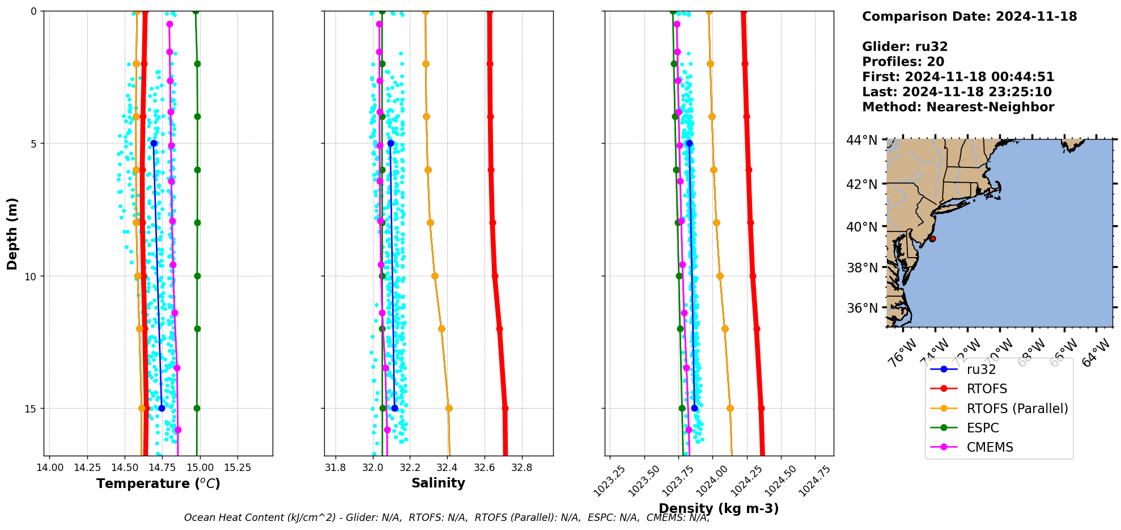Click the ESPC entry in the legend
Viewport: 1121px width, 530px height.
click(982, 428)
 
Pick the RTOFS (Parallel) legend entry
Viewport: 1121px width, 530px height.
click(1017, 409)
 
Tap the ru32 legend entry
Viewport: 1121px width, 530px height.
click(981, 369)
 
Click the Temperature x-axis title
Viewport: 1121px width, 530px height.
click(158, 483)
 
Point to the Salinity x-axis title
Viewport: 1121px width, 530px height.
click(438, 483)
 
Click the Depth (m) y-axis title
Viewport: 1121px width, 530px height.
click(12, 233)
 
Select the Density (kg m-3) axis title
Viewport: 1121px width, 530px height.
click(719, 508)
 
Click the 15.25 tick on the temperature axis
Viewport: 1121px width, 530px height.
click(237, 468)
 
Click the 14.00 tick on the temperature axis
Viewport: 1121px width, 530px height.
click(50, 468)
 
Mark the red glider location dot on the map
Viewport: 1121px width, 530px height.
click(932, 239)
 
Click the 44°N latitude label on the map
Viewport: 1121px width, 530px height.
click(861, 140)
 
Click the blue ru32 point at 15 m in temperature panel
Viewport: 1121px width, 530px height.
click(162, 408)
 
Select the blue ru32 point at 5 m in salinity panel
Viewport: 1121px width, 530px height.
click(390, 144)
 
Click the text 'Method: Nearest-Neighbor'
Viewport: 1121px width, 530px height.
click(958, 107)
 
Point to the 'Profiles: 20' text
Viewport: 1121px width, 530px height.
click(903, 62)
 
